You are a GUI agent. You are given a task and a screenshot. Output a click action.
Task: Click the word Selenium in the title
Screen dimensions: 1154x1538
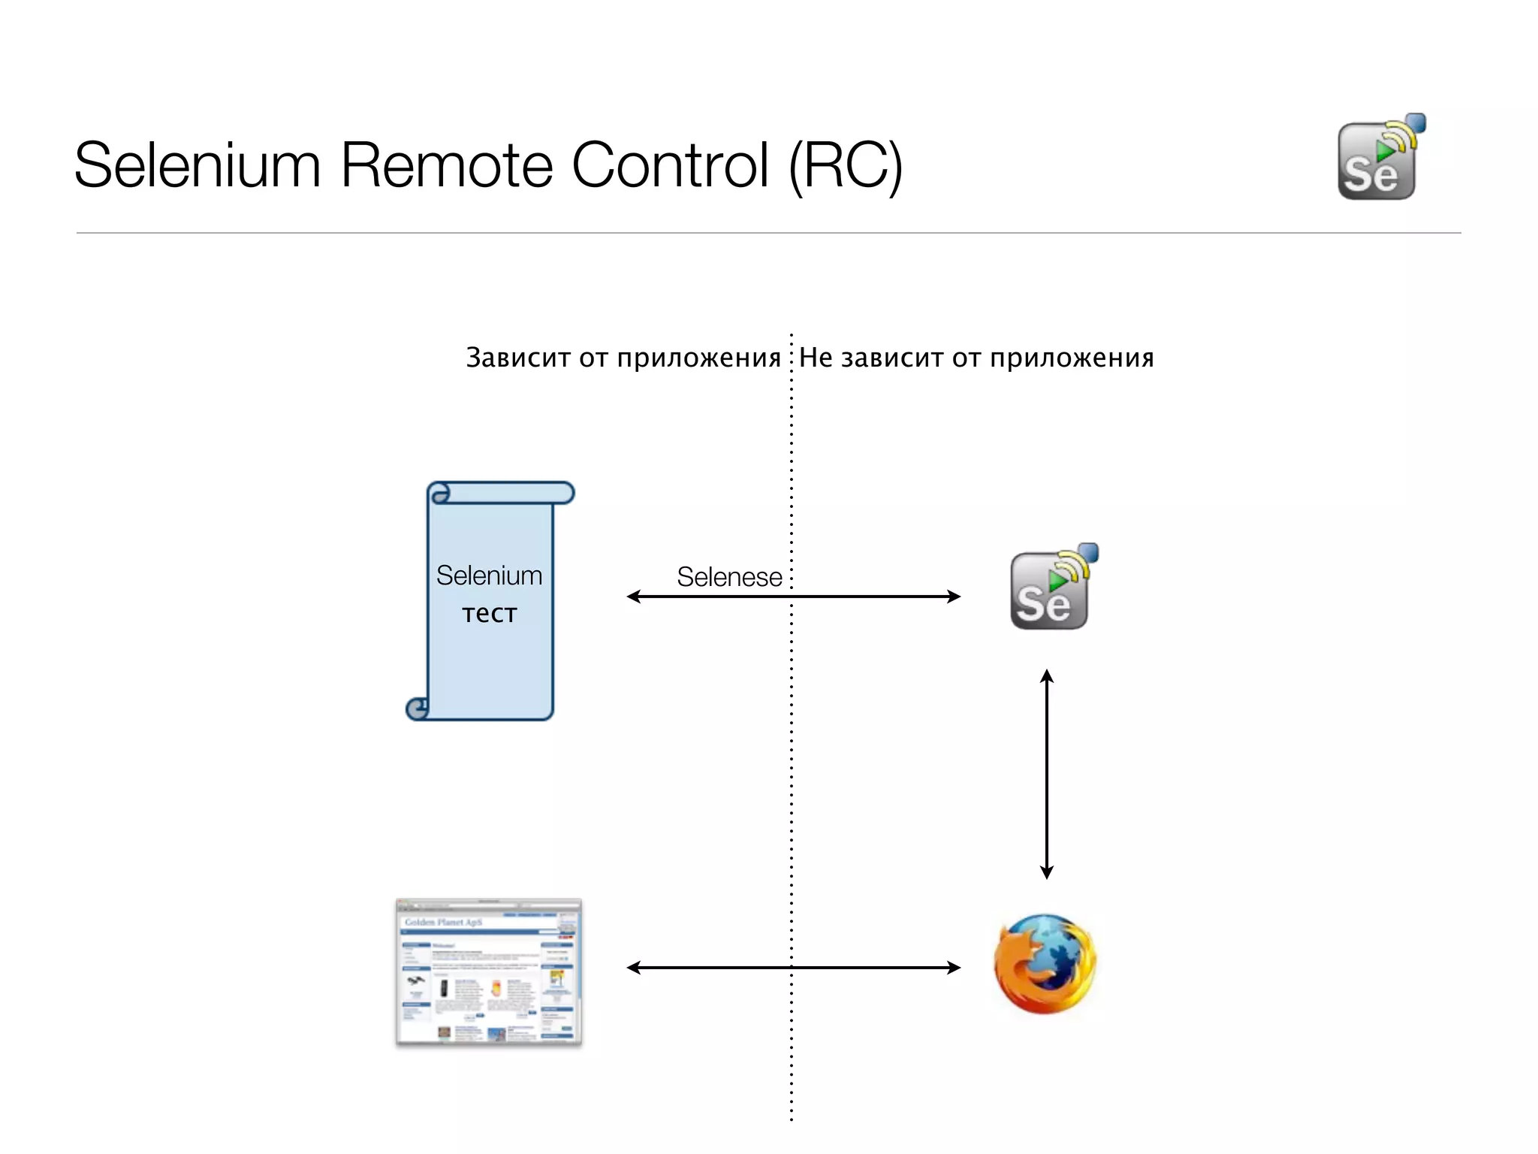coord(198,165)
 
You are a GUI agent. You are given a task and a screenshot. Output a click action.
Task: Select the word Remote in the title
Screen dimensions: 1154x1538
coord(446,165)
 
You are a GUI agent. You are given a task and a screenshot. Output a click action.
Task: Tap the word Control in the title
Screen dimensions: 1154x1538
coord(670,165)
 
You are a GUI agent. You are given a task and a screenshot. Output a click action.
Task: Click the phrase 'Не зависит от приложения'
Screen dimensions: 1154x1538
coord(976,358)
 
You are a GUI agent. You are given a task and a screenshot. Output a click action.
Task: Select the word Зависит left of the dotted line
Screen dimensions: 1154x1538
coord(518,358)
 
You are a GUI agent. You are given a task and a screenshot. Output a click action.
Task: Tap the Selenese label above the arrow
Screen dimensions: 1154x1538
coord(729,577)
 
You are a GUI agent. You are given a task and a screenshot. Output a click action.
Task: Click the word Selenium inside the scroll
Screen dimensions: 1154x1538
coord(489,575)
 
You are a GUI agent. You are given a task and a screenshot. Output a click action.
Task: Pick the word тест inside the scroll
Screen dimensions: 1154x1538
coord(489,613)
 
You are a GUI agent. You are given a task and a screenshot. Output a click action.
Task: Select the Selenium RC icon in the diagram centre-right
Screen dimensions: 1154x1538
coord(1051,588)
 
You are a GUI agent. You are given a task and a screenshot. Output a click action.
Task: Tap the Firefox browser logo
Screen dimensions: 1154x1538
coord(1045,964)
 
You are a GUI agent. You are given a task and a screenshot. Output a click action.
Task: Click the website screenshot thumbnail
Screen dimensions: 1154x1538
coord(489,971)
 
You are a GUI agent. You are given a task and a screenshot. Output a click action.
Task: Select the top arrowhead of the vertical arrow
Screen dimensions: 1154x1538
coord(1047,675)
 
